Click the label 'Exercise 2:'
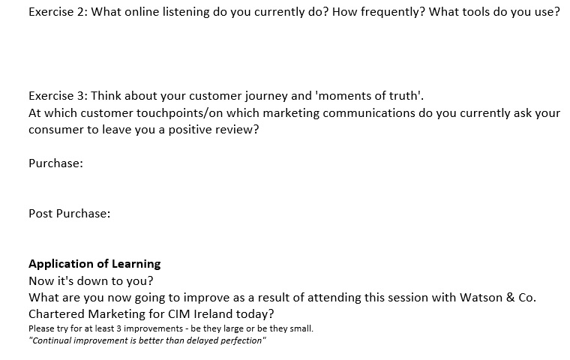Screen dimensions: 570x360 (58, 12)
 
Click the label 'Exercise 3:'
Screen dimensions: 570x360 (58, 96)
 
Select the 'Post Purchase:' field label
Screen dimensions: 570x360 (70, 214)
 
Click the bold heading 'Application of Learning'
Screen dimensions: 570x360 (94, 264)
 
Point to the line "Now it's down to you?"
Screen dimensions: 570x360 (91, 281)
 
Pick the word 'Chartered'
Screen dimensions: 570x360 (56, 313)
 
